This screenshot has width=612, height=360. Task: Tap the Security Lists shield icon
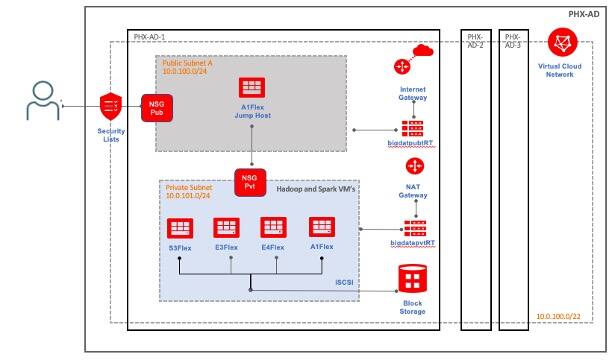pyautogui.click(x=111, y=105)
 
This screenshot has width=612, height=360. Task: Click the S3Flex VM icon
pyautogui.click(x=179, y=228)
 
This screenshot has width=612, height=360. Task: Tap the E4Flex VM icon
pyautogui.click(x=274, y=228)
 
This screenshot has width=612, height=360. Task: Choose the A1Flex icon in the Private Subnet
pyautogui.click(x=321, y=228)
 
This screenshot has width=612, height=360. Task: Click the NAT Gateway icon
pyautogui.click(x=411, y=168)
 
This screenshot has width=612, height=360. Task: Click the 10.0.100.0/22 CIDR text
pyautogui.click(x=558, y=316)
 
